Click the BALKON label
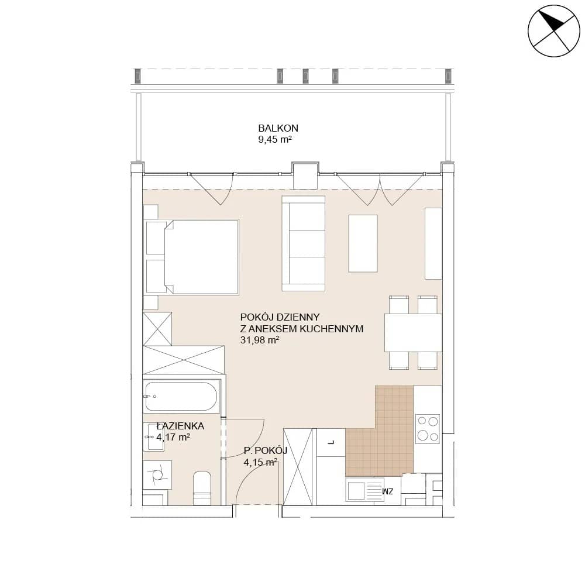click(x=278, y=128)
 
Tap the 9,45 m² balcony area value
click(x=274, y=140)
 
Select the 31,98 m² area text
click(x=260, y=340)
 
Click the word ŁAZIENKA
click(x=180, y=426)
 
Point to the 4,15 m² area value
click(x=260, y=462)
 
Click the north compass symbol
click(x=554, y=31)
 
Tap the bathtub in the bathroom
click(x=181, y=396)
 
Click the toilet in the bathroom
click(x=202, y=488)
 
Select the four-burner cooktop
click(x=428, y=429)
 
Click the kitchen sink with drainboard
click(x=364, y=490)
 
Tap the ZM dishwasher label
click(x=388, y=492)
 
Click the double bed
click(x=192, y=257)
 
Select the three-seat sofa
click(x=303, y=243)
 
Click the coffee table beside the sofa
click(x=363, y=243)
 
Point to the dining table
click(x=413, y=333)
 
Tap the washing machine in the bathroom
click(x=157, y=474)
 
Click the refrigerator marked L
click(x=331, y=442)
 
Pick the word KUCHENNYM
click(x=331, y=329)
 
